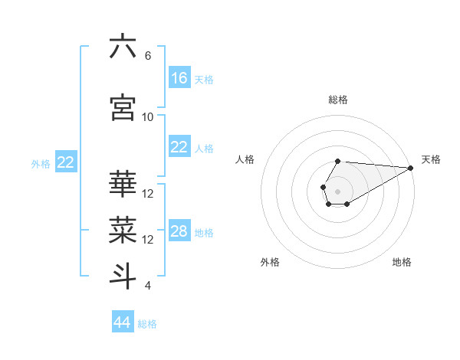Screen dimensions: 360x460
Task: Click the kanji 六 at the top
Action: tap(123, 47)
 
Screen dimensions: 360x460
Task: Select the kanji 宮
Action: tap(123, 108)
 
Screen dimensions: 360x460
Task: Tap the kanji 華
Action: tap(123, 185)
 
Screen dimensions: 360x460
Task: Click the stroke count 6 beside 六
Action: tap(147, 55)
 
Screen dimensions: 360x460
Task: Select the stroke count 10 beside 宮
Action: tap(148, 116)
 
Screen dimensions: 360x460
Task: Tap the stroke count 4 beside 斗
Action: tap(147, 286)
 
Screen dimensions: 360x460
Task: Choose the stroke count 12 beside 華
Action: tap(148, 193)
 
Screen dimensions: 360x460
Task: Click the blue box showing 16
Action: tap(179, 78)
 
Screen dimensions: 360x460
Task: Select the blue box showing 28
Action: tap(179, 231)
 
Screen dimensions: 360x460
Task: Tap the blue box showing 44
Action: tap(123, 322)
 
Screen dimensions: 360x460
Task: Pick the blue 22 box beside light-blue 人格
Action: tap(179, 147)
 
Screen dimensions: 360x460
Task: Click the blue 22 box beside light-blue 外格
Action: tap(66, 162)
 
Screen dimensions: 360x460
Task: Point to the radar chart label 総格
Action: tap(338, 100)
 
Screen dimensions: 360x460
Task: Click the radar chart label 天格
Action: tap(431, 159)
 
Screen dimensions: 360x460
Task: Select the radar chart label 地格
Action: tap(402, 263)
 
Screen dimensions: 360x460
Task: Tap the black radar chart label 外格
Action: tap(270, 263)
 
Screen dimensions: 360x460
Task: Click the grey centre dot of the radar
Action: tap(337, 190)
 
